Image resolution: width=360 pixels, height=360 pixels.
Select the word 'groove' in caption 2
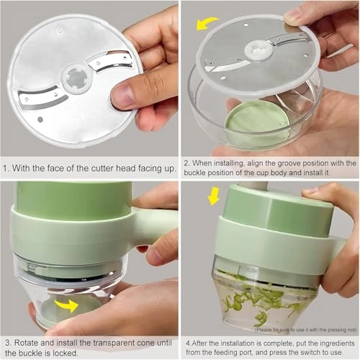point(300,163)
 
